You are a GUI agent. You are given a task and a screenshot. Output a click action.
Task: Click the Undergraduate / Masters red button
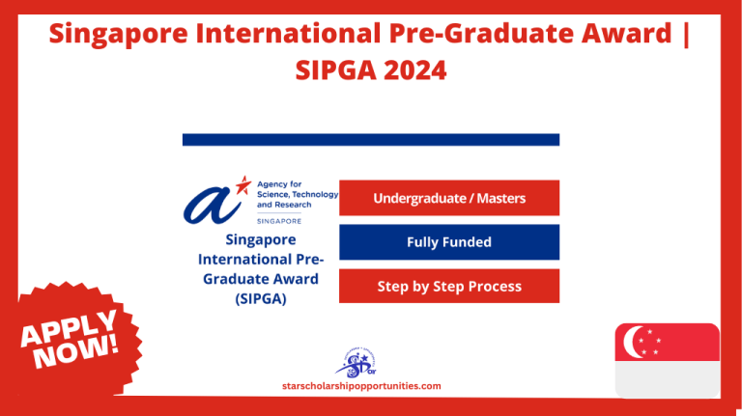(x=449, y=199)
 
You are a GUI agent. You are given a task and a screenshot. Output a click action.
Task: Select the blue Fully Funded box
(x=449, y=242)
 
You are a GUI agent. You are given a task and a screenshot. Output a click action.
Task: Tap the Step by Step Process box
(x=449, y=286)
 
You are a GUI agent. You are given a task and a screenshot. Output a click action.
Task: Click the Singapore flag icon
(x=667, y=361)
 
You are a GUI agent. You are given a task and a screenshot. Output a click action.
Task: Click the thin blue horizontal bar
(x=371, y=140)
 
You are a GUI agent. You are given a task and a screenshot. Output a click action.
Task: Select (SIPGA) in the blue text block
(x=260, y=298)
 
